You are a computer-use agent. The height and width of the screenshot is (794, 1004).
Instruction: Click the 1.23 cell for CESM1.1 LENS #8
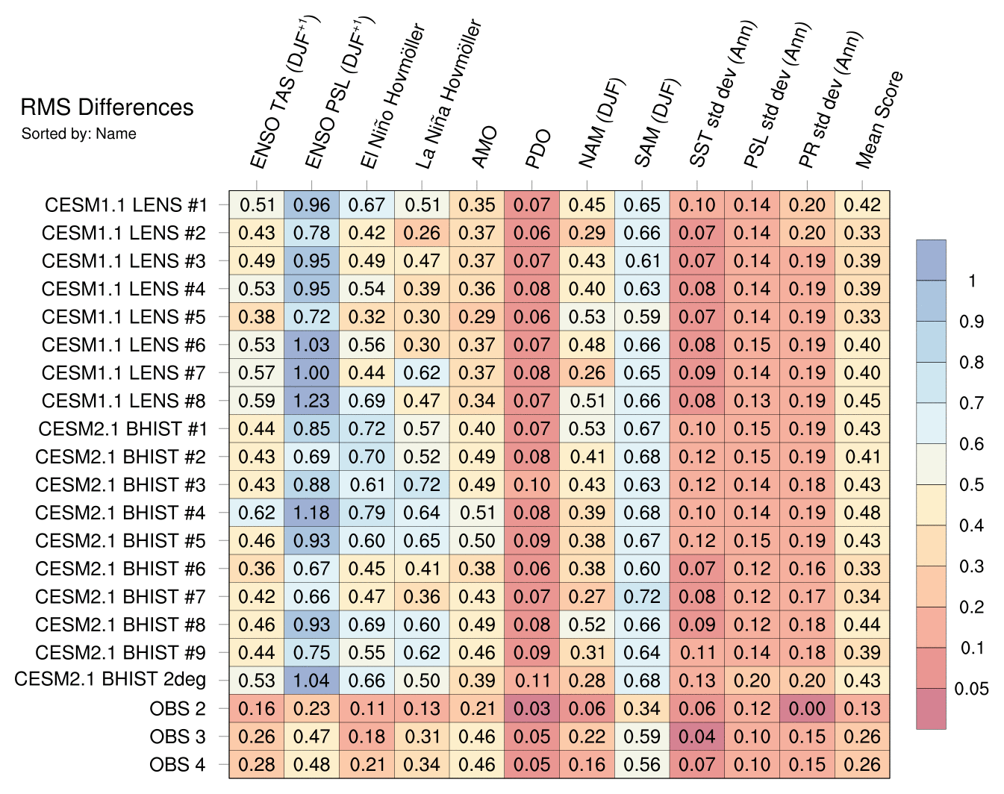(311, 401)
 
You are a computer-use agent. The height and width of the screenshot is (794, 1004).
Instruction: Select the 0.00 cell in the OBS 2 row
(807, 708)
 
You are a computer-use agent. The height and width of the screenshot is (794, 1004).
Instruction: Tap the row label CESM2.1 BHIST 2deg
(110, 680)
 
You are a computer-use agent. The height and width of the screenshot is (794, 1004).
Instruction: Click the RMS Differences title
(107, 107)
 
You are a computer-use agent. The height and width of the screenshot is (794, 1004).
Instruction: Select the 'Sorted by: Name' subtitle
(79, 134)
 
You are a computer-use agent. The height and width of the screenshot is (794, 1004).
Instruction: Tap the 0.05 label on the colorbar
(971, 688)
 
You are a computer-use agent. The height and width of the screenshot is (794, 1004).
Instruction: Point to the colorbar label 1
(971, 281)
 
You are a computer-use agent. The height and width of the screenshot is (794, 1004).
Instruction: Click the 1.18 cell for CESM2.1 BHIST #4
(311, 513)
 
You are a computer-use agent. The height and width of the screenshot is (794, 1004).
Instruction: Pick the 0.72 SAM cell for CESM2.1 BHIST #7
(642, 596)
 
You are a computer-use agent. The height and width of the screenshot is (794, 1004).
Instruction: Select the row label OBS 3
(178, 737)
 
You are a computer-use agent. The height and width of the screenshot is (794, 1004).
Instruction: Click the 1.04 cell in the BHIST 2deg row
(311, 681)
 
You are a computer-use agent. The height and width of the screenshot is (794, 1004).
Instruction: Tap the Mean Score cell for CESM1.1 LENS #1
(862, 204)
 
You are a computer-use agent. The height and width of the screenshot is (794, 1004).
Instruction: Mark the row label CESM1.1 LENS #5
(124, 316)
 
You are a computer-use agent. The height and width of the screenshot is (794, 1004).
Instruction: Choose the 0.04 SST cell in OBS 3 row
(697, 737)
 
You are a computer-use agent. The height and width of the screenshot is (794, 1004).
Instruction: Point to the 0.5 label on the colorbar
(971, 485)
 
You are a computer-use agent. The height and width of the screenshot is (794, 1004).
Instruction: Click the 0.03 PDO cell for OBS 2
(531, 708)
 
